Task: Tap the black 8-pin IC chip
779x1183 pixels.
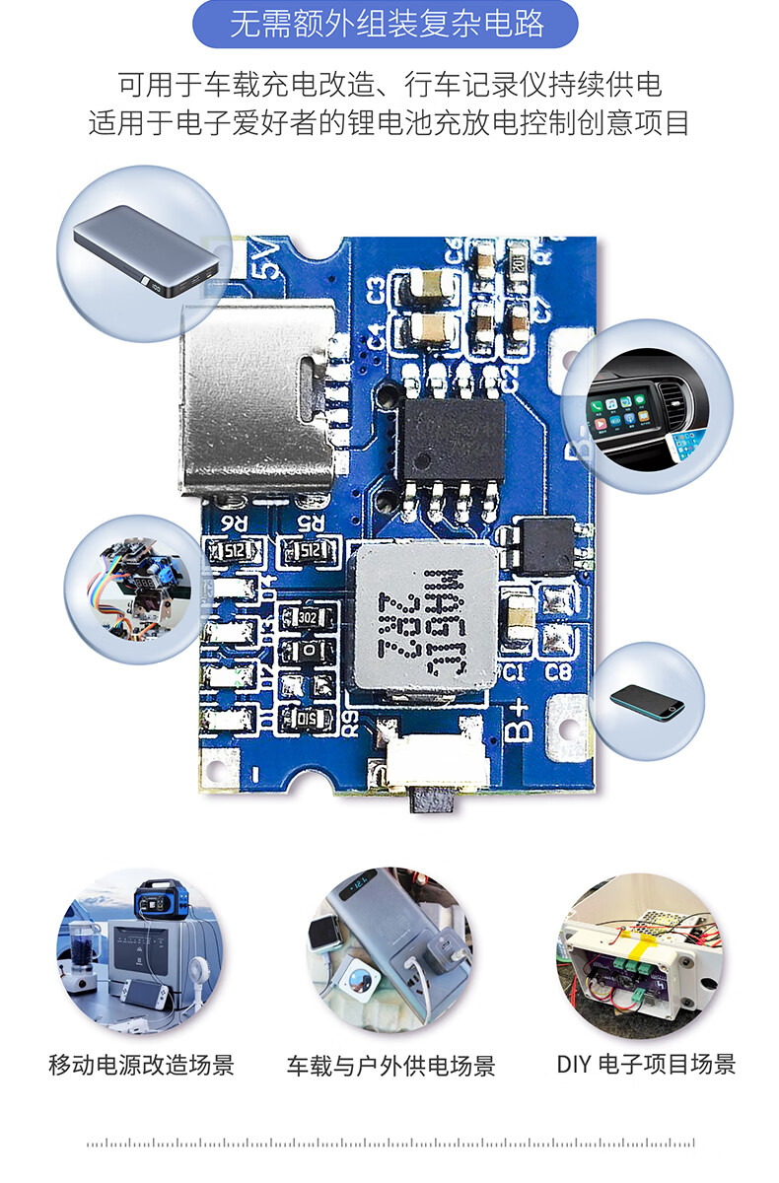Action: coord(453,433)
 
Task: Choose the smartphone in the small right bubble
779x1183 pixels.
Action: coord(646,701)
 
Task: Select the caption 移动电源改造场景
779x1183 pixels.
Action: coord(141,1065)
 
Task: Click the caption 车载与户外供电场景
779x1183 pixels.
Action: coord(390,1066)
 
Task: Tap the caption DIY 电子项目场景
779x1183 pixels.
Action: coord(646,1064)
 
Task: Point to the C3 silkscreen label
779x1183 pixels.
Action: coord(375,293)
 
